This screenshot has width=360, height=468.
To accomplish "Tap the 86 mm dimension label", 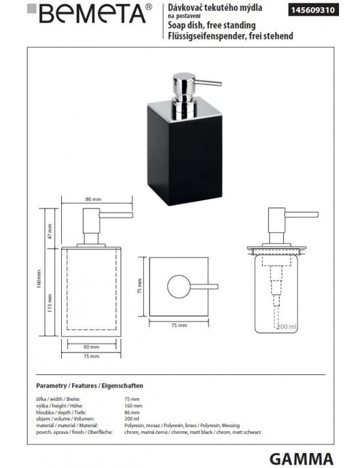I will (x=91, y=200).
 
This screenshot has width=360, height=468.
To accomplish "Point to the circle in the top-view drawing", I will (x=181, y=285).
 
